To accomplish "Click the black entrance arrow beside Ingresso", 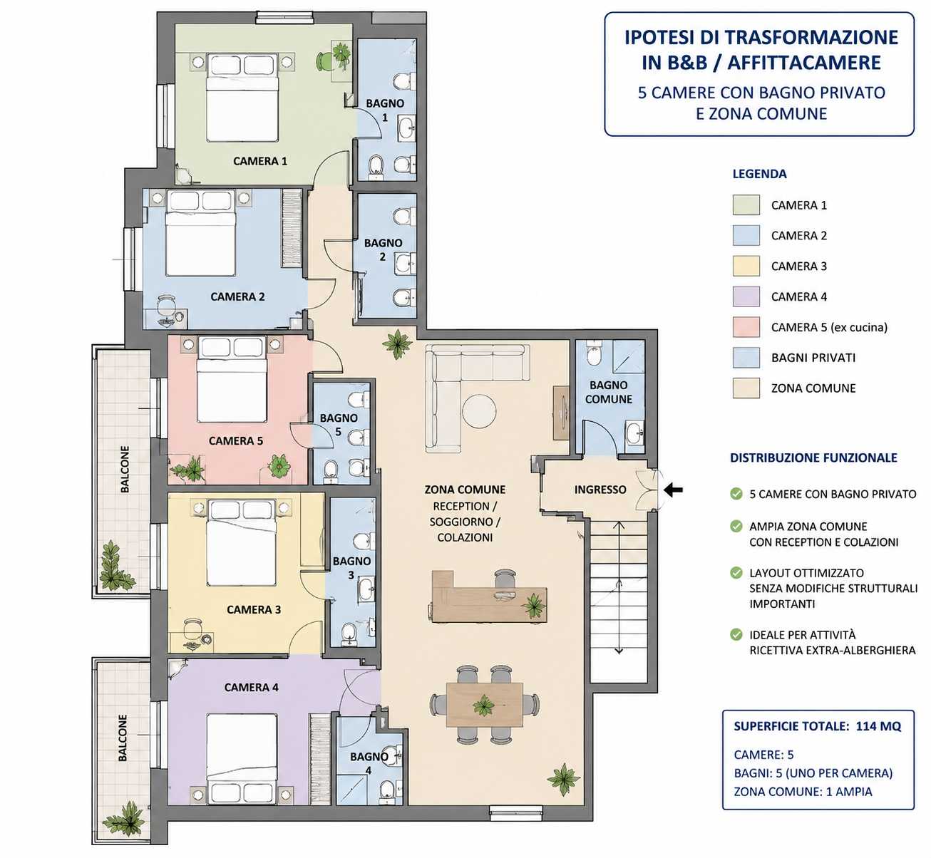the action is (x=673, y=490).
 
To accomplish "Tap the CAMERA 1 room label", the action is (x=260, y=161).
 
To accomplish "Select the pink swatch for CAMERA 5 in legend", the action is (x=746, y=327).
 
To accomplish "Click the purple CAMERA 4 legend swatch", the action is (x=746, y=296).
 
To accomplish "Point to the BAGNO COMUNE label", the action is (x=609, y=392).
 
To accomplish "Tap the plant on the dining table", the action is (x=483, y=705).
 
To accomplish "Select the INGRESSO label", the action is (x=600, y=490).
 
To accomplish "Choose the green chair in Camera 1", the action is (x=324, y=61).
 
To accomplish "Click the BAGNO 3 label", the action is (x=351, y=568).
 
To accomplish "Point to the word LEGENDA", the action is (x=759, y=174).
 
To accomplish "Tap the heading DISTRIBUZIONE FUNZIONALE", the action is (x=814, y=458).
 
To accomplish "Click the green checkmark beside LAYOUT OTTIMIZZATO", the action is (x=736, y=572).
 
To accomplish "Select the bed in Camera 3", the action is (x=241, y=543).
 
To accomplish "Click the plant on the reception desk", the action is (x=533, y=605).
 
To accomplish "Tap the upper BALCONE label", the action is (x=125, y=469).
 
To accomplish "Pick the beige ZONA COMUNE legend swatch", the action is (x=746, y=388).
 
